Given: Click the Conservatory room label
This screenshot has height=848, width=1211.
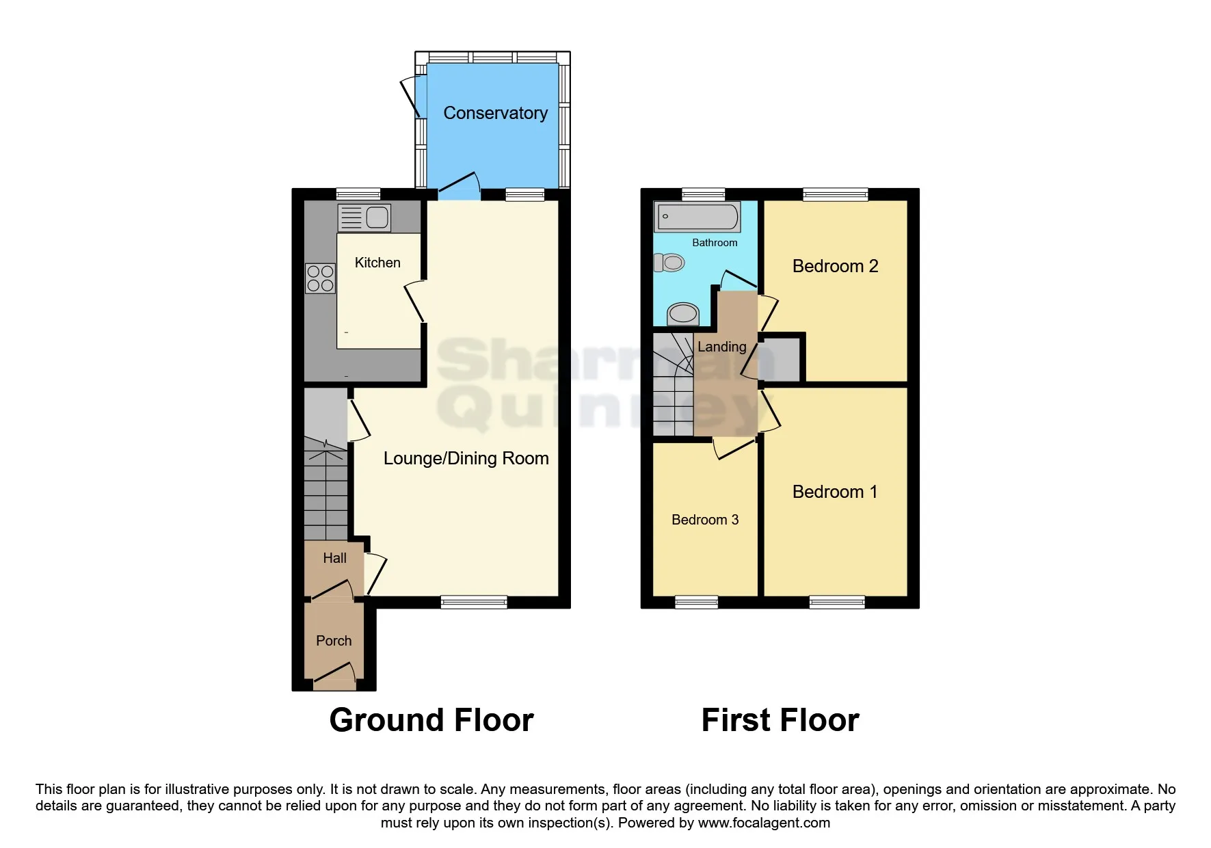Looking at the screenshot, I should [495, 113].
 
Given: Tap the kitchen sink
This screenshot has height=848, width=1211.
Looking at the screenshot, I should [364, 217].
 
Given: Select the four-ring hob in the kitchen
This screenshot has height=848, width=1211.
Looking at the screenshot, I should [320, 278].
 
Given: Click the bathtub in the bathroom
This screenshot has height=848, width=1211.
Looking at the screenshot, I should [697, 217].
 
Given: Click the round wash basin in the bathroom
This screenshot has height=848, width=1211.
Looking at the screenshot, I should [682, 314].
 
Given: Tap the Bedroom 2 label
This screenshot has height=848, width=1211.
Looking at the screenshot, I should [835, 266].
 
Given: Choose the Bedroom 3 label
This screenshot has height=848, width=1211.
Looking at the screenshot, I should [705, 520].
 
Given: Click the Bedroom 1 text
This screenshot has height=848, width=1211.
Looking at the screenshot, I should [834, 492].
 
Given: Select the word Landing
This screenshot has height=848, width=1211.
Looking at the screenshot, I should [721, 347].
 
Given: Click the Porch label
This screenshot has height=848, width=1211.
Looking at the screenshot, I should [334, 641].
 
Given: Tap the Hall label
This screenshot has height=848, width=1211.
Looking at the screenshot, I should [334, 558].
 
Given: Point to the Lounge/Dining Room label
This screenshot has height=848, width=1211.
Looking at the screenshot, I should [466, 458].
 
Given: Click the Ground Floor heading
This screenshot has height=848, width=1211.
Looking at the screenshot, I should [431, 720].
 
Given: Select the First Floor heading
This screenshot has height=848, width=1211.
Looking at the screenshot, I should [780, 720].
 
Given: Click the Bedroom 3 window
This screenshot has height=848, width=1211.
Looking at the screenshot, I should [696, 602].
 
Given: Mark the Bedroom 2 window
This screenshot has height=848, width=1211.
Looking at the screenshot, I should [835, 194].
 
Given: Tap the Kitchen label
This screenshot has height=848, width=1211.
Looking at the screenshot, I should [377, 263].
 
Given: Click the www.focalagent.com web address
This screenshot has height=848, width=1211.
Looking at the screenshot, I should [764, 823].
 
